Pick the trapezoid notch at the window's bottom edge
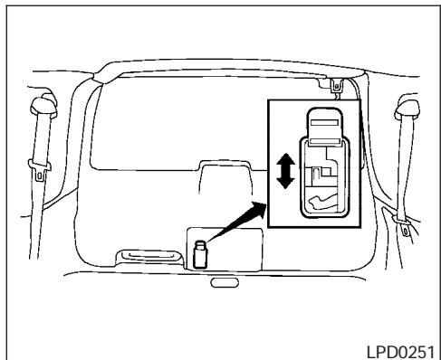(221, 173)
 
